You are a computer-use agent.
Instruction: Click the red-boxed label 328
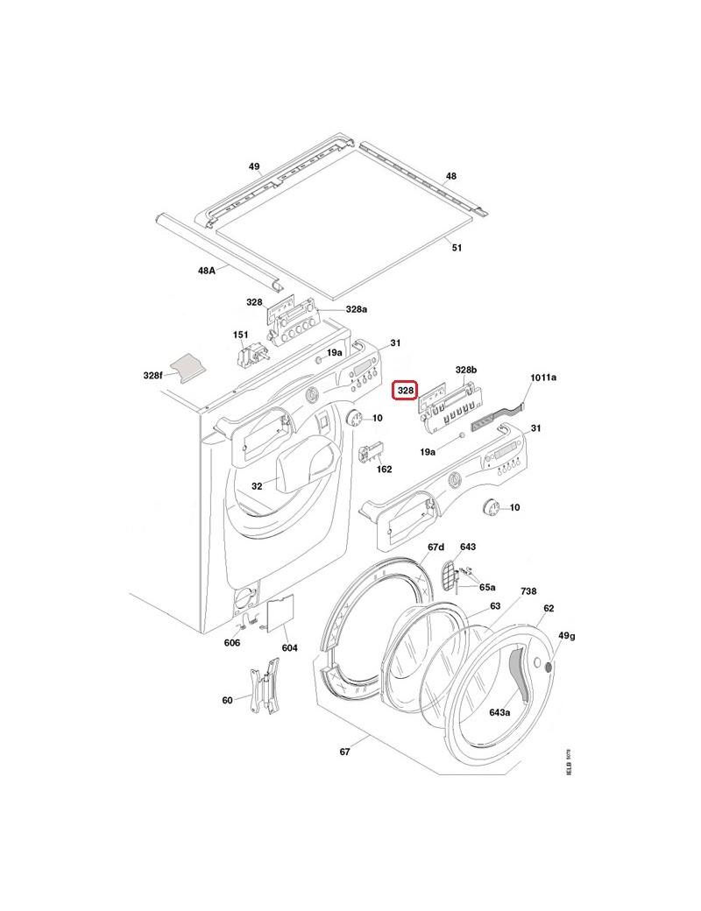[x=407, y=390]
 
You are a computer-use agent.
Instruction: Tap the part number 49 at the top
[x=254, y=166]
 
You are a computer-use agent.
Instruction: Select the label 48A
[x=207, y=271]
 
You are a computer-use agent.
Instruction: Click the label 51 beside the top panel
[x=457, y=248]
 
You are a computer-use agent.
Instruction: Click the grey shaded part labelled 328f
[x=187, y=366]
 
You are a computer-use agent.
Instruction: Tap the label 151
[x=240, y=335]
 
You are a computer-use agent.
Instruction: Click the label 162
[x=384, y=470]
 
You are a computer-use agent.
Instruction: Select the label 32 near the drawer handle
[x=257, y=485]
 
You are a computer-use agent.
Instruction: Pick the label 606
[x=231, y=643]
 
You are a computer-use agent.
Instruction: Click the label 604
[x=290, y=648]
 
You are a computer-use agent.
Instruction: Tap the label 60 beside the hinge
[x=228, y=700]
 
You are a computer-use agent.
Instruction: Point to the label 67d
[x=435, y=547]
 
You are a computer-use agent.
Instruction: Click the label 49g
[x=567, y=636]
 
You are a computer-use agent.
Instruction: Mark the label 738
[x=528, y=592]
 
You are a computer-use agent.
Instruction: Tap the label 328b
[x=465, y=371]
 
